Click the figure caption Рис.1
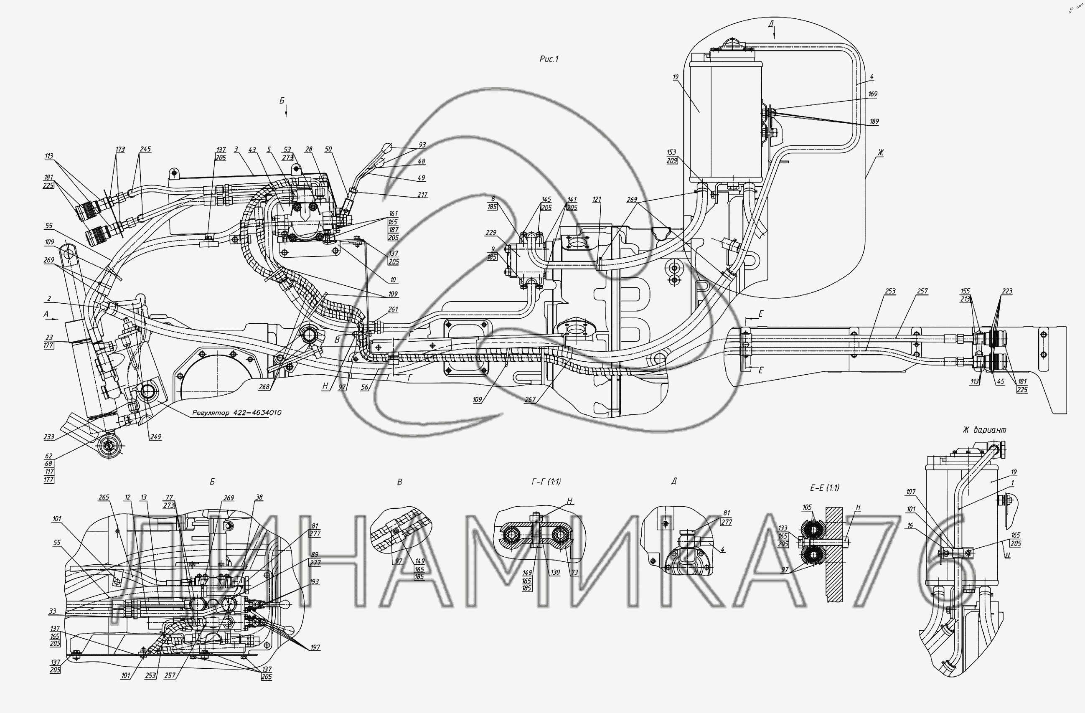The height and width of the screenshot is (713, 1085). [549, 59]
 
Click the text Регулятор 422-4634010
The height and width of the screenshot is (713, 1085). [236, 413]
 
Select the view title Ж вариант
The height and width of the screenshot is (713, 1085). [984, 430]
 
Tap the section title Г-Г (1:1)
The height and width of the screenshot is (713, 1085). [546, 482]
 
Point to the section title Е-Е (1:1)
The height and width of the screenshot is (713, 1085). [824, 488]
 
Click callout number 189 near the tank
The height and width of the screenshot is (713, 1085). [874, 122]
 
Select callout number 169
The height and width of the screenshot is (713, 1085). [873, 94]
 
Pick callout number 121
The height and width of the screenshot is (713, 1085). [597, 200]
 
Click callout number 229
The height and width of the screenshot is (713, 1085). [490, 233]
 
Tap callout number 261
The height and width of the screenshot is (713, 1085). [393, 310]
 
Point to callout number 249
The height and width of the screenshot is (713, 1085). [155, 437]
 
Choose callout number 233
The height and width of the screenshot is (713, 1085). [49, 437]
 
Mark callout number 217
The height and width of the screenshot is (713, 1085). [422, 195]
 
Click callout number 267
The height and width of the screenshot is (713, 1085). [530, 400]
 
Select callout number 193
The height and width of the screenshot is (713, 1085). [314, 582]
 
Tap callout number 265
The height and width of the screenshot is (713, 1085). [104, 497]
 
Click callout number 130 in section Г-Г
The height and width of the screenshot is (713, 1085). [554, 573]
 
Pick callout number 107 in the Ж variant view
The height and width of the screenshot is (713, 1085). [910, 492]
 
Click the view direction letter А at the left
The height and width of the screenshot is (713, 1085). [46, 314]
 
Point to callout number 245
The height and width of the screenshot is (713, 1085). [145, 150]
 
